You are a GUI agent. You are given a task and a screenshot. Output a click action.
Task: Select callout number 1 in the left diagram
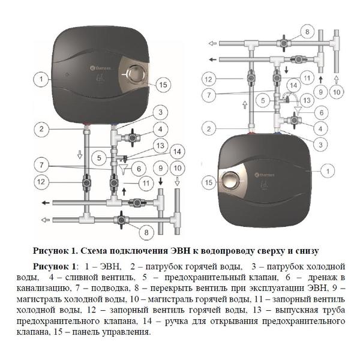click(x=41, y=79)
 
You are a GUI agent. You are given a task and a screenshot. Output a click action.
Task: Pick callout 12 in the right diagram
click(x=208, y=79)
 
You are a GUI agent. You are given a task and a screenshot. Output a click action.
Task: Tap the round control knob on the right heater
click(x=231, y=179)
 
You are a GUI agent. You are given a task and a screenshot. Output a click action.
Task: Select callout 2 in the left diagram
click(x=41, y=128)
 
